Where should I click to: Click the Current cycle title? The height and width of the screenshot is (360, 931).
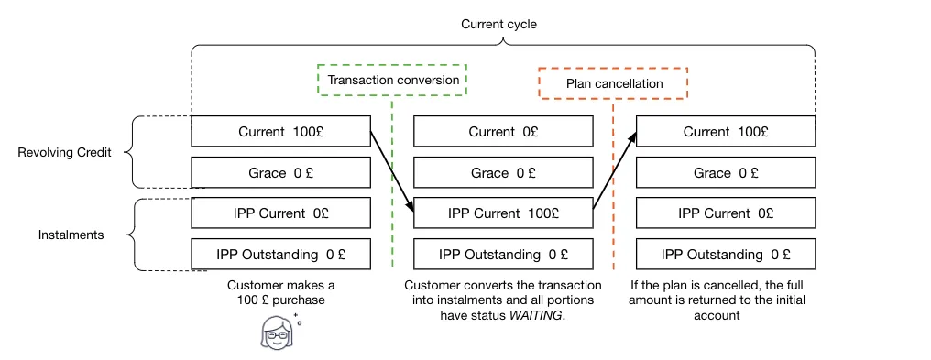click(x=498, y=25)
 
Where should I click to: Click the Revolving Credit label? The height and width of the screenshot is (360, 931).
click(x=65, y=152)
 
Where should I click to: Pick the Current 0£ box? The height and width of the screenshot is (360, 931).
click(x=503, y=132)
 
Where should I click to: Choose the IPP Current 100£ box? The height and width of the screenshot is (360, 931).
click(x=503, y=213)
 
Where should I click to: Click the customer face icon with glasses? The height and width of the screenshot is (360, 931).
click(x=277, y=332)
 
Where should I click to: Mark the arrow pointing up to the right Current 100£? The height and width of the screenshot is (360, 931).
click(x=615, y=171)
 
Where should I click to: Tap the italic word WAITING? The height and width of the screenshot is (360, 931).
click(x=535, y=315)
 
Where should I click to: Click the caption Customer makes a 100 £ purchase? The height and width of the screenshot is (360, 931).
click(x=280, y=292)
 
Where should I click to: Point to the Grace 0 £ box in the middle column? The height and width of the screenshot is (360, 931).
click(x=503, y=172)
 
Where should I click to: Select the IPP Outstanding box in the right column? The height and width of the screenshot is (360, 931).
click(x=726, y=255)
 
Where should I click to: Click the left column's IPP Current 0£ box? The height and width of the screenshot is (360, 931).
click(x=280, y=213)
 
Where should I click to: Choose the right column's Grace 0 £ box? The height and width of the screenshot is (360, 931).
click(x=726, y=172)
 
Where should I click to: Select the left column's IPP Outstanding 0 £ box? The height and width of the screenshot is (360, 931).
click(x=280, y=255)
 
